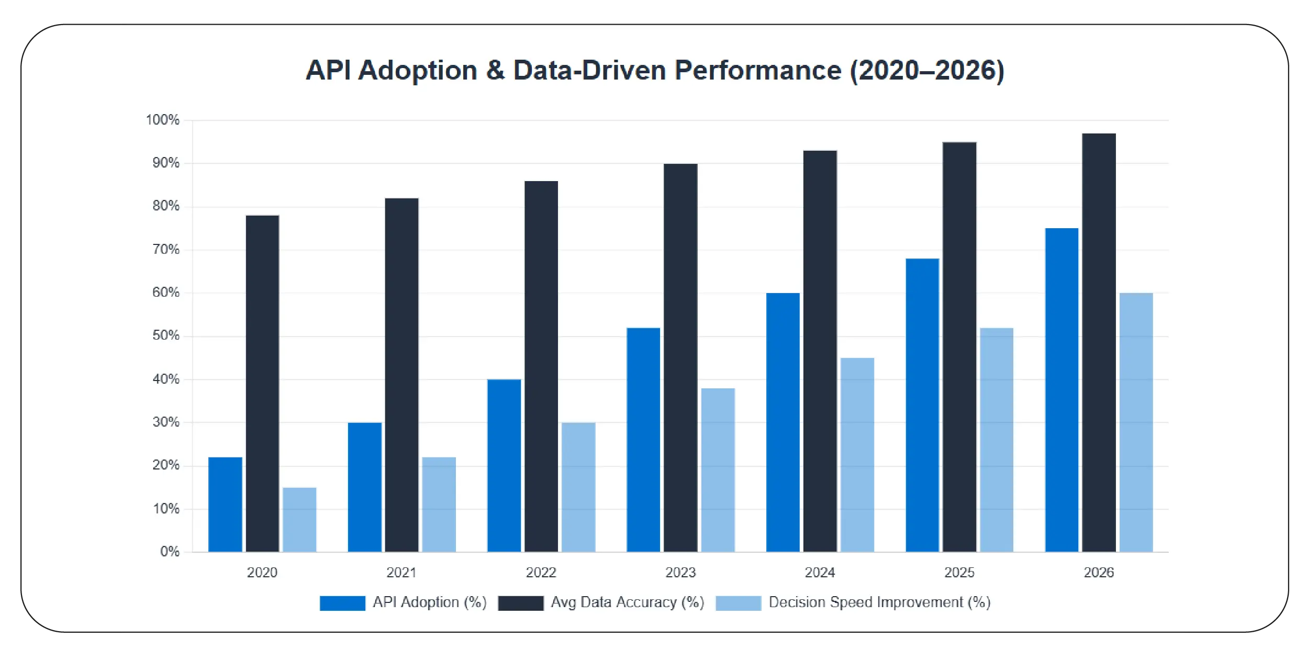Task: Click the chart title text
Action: tap(654, 70)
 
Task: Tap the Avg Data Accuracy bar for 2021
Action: tap(401, 375)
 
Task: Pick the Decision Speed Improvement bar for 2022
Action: tap(578, 487)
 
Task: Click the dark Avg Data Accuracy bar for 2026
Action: tap(1099, 342)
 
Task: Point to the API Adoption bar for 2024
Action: tap(783, 422)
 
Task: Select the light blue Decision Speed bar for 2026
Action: tap(1136, 422)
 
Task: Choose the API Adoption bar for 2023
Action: tap(643, 440)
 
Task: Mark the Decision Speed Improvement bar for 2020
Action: tap(299, 519)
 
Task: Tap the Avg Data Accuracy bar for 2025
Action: tap(959, 346)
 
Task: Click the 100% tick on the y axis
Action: tap(162, 120)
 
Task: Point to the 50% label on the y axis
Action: tap(165, 335)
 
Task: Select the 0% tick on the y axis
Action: tap(170, 551)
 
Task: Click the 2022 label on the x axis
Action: tap(541, 572)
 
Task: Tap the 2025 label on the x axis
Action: tap(959, 572)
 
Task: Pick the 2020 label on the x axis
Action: tap(262, 572)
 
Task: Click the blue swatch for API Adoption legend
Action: tap(342, 603)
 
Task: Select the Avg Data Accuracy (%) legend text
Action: tap(627, 602)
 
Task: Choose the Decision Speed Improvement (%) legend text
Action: tap(879, 602)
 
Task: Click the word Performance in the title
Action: tap(757, 70)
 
